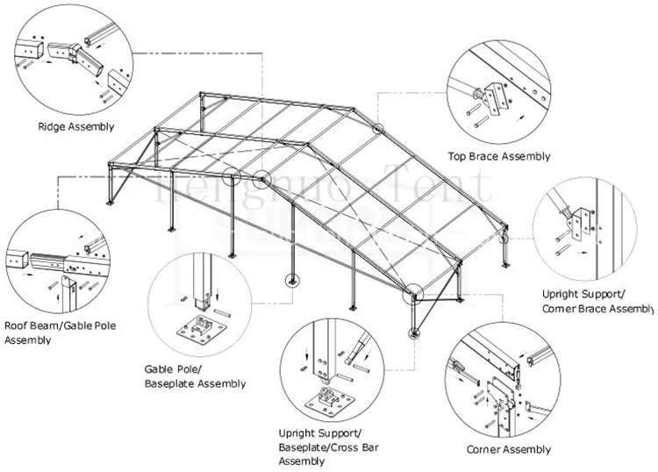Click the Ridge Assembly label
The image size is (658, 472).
click(x=75, y=126)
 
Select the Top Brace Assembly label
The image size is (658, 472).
click(x=499, y=156)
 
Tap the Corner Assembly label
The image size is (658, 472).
click(x=509, y=449)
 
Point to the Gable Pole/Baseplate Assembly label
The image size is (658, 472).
click(x=195, y=376)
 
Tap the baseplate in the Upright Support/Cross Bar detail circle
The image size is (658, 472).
click(x=328, y=401)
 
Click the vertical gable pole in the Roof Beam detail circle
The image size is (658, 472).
click(x=68, y=287)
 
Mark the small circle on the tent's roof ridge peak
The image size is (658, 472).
click(x=378, y=128)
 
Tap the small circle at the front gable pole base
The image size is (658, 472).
click(x=290, y=281)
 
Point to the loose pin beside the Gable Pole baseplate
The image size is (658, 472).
click(x=225, y=311)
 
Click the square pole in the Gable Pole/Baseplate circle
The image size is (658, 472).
click(x=203, y=280)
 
